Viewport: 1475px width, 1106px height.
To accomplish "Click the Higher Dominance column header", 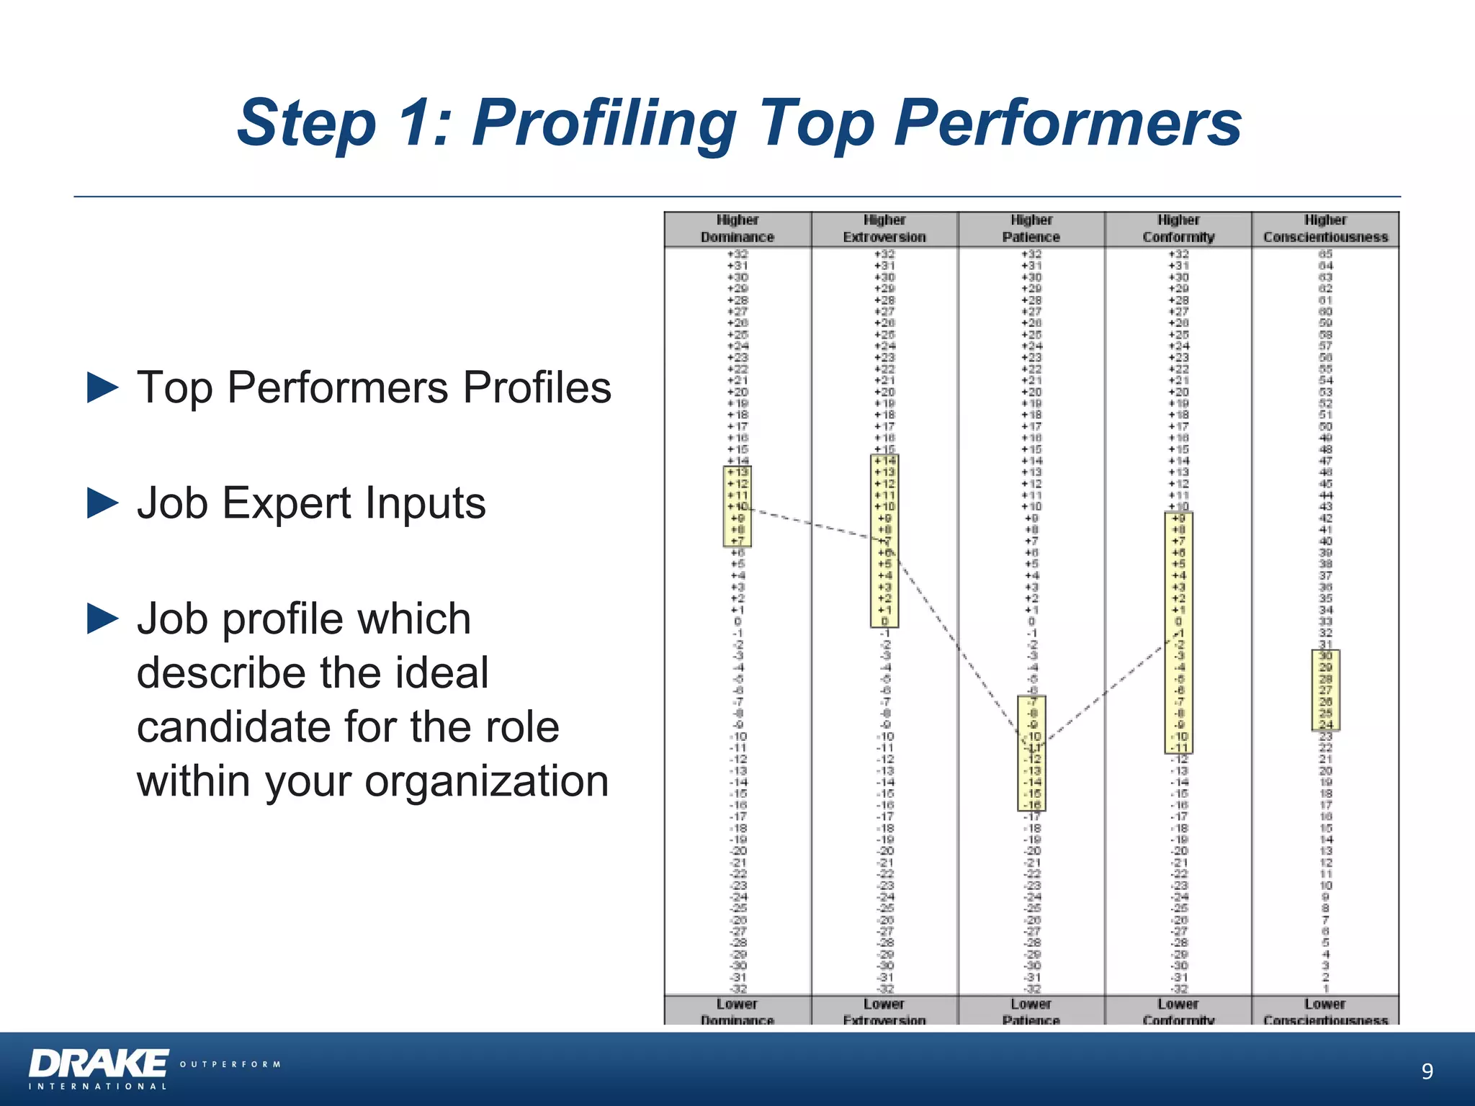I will [x=737, y=229].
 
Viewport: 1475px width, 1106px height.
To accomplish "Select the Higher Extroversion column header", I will [x=884, y=229].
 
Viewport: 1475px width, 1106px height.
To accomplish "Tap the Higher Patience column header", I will [x=1031, y=229].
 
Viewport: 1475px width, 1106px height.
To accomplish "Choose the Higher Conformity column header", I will [x=1178, y=229].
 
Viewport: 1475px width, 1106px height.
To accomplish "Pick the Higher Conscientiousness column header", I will [x=1325, y=229].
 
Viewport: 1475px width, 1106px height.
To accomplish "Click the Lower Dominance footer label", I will [x=737, y=1011].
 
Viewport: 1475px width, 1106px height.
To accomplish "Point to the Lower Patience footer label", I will [x=1031, y=1011].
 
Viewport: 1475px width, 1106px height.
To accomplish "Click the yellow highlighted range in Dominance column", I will [x=737, y=506].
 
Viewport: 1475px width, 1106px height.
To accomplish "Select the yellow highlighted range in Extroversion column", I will [x=884, y=541].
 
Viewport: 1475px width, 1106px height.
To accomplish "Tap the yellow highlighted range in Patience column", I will [x=1031, y=753].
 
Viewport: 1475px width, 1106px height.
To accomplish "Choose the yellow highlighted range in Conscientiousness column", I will [x=1325, y=690].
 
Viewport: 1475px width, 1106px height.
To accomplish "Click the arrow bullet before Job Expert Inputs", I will [x=102, y=503].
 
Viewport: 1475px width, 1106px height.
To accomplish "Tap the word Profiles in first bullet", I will [x=537, y=387].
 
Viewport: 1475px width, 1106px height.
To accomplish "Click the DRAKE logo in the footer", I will [x=99, y=1064].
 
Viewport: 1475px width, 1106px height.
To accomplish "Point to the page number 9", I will [x=1427, y=1071].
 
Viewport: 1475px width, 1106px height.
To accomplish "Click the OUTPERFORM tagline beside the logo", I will [x=230, y=1064].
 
